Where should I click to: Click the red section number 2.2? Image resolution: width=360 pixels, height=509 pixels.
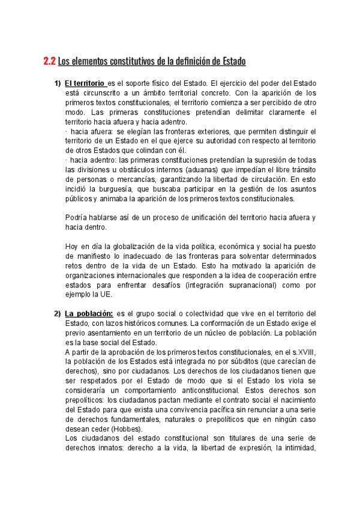[49, 61]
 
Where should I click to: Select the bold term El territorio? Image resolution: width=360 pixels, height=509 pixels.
[85, 83]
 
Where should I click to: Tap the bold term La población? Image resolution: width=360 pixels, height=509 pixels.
[89, 313]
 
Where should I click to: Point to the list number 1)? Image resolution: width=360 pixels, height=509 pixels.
[57, 83]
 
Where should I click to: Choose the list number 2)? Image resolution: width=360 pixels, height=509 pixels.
[57, 313]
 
